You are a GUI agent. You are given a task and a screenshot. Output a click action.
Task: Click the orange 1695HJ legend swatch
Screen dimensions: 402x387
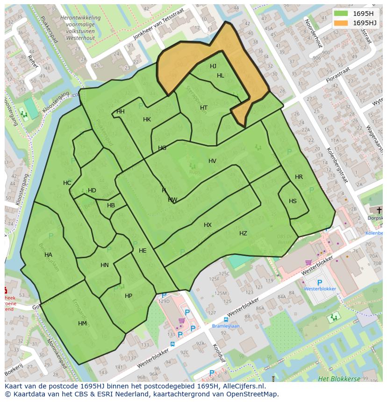[341, 23]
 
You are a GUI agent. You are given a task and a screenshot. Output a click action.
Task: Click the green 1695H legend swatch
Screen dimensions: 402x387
[341, 14]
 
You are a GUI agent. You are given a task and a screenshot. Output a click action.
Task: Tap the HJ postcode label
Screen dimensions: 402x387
[213, 66]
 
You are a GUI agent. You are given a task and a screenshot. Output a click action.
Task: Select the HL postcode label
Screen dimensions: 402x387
[221, 76]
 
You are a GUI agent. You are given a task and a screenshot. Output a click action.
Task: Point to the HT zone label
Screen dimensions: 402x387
[204, 108]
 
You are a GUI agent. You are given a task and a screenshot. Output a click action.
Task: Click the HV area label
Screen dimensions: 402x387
[212, 161]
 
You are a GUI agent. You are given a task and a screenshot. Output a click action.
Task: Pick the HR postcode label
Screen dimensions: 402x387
[299, 177]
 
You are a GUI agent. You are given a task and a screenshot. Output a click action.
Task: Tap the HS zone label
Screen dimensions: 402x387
[293, 201]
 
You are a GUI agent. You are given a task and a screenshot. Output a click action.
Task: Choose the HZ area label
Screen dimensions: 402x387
[243, 233]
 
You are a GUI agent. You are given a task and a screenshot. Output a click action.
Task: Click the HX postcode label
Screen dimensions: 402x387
[208, 225]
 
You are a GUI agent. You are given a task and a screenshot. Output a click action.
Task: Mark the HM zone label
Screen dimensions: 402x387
[82, 324]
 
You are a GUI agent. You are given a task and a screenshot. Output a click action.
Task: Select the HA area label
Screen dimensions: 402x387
[48, 255]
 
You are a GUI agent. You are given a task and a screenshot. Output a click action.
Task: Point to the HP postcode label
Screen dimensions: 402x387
[129, 296]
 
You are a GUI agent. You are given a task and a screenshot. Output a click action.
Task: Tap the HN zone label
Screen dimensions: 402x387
[104, 265]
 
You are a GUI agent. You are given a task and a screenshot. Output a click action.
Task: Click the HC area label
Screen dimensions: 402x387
[67, 183]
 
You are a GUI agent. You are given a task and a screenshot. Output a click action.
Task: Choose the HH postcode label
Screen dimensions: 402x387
[121, 112]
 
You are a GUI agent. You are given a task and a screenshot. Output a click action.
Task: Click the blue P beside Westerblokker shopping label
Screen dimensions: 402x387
[320, 282]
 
